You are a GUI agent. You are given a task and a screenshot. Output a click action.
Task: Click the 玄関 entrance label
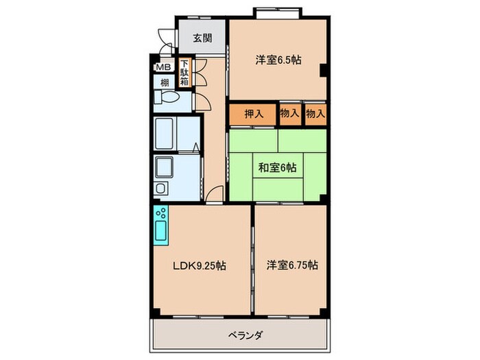coord(202,38)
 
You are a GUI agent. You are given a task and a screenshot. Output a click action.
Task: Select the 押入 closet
coord(254,114)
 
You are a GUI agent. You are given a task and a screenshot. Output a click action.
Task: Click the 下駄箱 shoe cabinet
coord(185,73)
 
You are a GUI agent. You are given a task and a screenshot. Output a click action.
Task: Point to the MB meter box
coord(163,67)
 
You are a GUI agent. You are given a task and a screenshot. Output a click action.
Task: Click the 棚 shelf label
coord(165,83)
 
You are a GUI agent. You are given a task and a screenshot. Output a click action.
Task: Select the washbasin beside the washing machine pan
coord(162,189)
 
